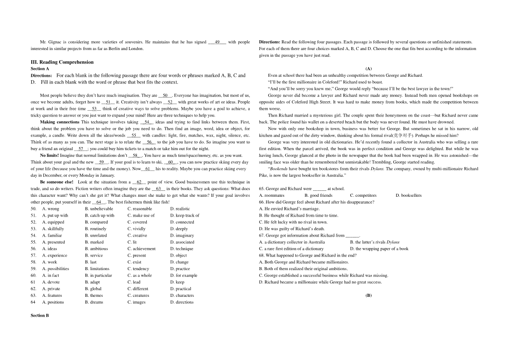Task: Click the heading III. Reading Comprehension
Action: pyautogui.click(x=62, y=62)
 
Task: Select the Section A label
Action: pyautogui.click(x=40, y=68)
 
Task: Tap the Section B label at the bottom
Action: pyautogui.click(x=40, y=315)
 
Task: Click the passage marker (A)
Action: pyautogui.click(x=368, y=69)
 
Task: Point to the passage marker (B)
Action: pyautogui.click(x=368, y=296)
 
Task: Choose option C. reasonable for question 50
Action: pyautogui.click(x=140, y=209)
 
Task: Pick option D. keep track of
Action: pyautogui.click(x=185, y=215)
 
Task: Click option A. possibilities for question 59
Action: pyautogui.click(x=56, y=269)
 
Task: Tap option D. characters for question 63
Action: pyautogui.click(x=182, y=296)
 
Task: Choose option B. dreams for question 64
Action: pyautogui.click(x=94, y=302)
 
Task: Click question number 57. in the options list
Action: pyautogui.click(x=34, y=255)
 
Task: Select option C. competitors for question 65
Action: pyautogui.click(x=363, y=195)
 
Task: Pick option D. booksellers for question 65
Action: pyautogui.click(x=408, y=195)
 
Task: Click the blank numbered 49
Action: pyautogui.click(x=217, y=42)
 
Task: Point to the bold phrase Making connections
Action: pyautogui.click(x=59, y=122)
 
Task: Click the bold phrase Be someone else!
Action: pyautogui.click(x=56, y=182)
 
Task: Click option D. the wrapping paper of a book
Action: pyautogui.click(x=379, y=249)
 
